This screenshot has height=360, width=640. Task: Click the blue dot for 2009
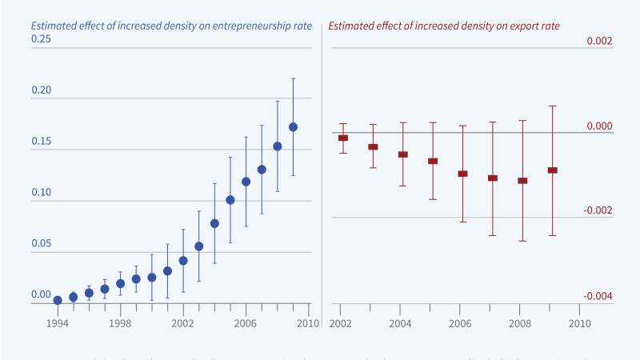tap(293, 126)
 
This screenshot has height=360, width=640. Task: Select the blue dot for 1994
tap(58, 300)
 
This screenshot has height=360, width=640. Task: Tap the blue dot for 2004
tap(214, 223)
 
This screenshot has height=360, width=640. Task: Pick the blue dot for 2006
tap(246, 182)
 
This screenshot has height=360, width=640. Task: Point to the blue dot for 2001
tap(167, 270)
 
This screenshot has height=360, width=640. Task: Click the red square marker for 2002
tap(343, 138)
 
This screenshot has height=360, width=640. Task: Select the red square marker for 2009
tap(552, 170)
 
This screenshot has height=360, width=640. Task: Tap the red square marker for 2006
tap(462, 173)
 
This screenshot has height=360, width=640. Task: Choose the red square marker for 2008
tap(522, 181)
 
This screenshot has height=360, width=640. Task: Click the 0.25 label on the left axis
tap(42, 38)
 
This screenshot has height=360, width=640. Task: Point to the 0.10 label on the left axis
tap(42, 193)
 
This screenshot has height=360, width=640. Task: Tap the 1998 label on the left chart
tap(120, 323)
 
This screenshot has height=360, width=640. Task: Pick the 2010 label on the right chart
tap(580, 323)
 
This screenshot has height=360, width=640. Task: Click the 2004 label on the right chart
tap(401, 323)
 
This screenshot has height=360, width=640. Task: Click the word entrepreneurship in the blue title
tap(238, 26)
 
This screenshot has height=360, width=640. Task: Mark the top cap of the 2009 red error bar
tap(552, 106)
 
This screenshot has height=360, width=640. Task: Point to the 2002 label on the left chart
tap(183, 323)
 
